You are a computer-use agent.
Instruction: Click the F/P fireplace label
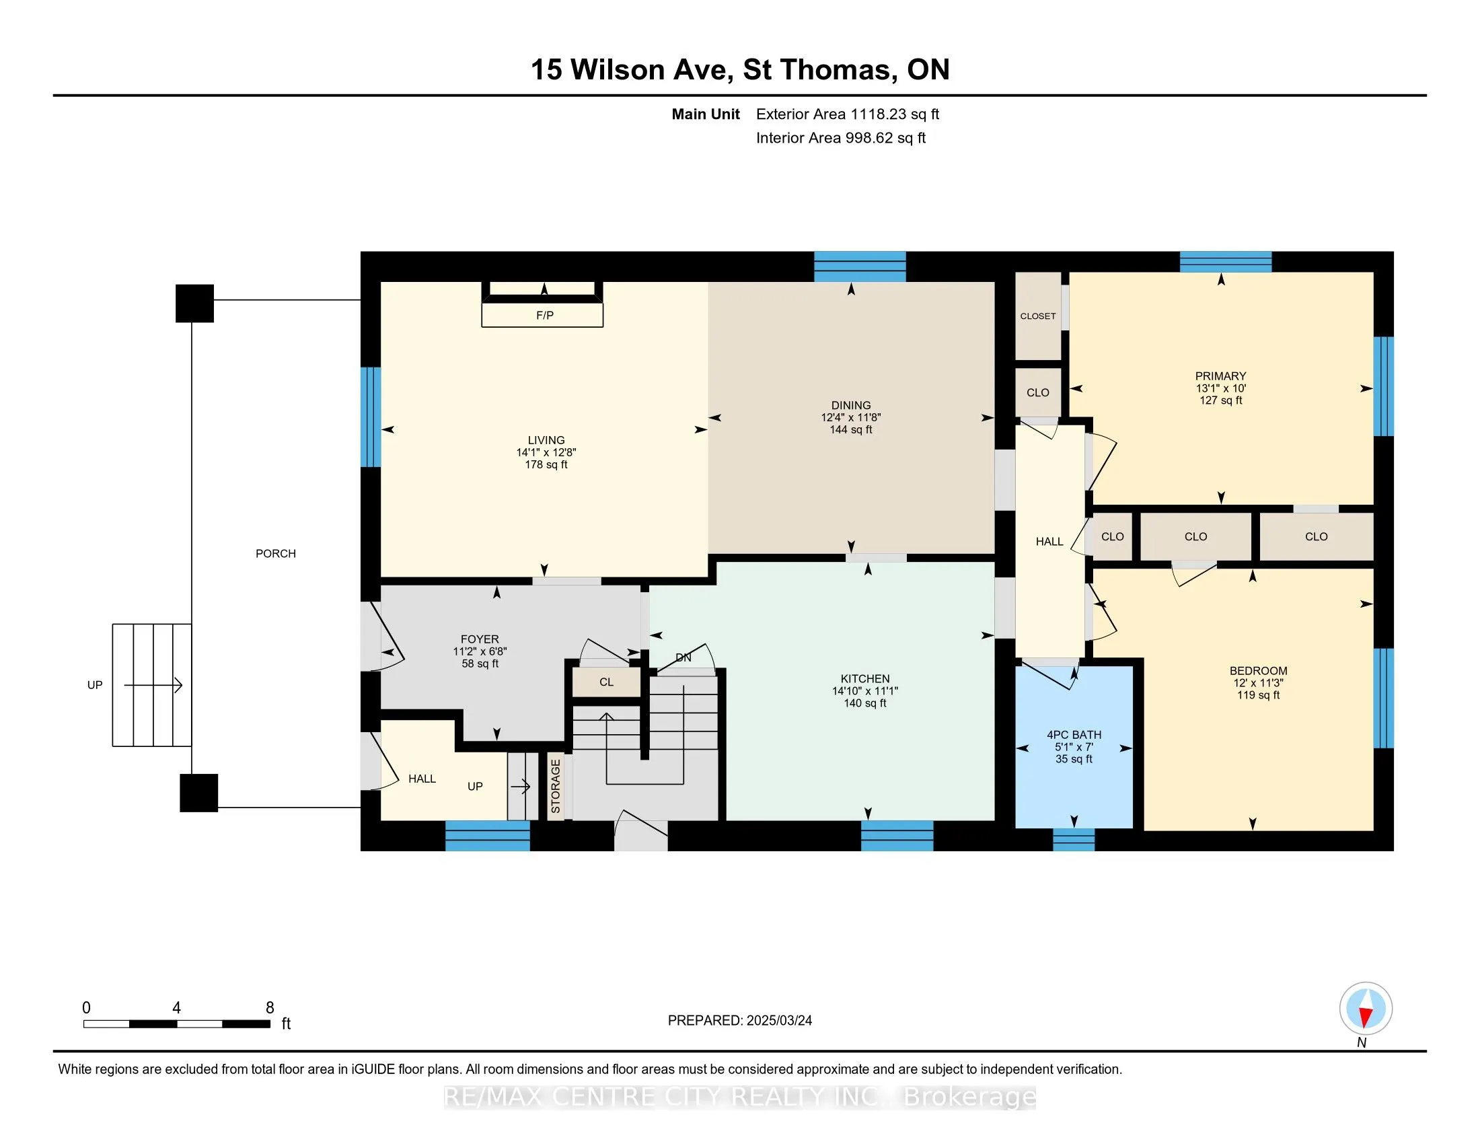545,315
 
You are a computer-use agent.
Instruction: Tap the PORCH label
276,554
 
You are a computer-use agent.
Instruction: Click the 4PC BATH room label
1074,735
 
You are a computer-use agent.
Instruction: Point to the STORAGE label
556,786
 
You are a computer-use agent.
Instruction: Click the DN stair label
683,657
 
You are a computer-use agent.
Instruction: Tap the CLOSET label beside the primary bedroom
1038,316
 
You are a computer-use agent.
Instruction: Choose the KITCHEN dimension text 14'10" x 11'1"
865,691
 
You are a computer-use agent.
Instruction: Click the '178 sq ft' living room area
546,465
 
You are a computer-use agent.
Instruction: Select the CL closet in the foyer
607,682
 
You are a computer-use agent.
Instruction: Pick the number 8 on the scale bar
270,1008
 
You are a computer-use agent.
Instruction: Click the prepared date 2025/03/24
779,1021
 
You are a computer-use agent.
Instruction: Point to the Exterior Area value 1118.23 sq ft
895,114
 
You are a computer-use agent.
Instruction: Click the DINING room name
851,405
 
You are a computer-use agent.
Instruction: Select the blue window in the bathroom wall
1074,840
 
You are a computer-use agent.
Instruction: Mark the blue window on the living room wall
371,417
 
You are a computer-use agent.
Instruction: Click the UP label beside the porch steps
95,685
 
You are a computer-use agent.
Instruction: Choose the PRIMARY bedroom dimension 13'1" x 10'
1221,389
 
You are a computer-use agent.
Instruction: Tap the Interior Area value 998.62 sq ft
885,138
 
